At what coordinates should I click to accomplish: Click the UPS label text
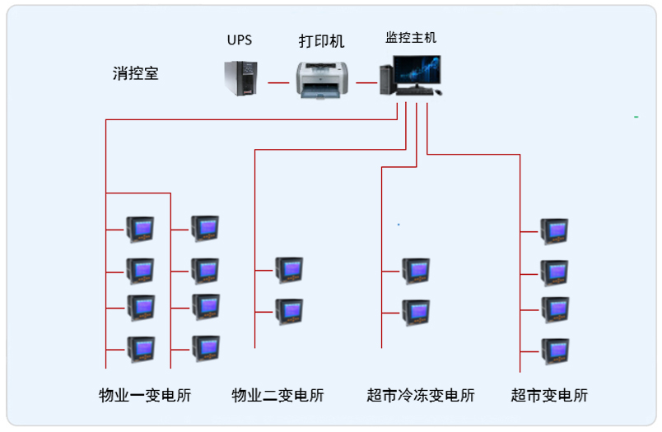click(x=240, y=39)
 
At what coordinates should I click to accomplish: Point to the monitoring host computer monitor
click(x=417, y=72)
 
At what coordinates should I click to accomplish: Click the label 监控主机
click(x=411, y=38)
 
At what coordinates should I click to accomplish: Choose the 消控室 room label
click(x=136, y=73)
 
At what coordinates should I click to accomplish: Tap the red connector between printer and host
click(x=366, y=83)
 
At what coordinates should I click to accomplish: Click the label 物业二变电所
click(x=277, y=395)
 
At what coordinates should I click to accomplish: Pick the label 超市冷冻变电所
click(x=421, y=395)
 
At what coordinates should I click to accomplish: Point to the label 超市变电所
click(x=549, y=395)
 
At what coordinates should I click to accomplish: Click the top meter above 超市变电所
click(x=553, y=231)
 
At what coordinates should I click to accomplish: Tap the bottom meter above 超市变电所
click(x=553, y=351)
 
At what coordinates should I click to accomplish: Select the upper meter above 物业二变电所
click(x=288, y=269)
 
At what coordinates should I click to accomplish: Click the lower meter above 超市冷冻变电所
click(x=415, y=312)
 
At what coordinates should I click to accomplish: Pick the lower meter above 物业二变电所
click(x=288, y=311)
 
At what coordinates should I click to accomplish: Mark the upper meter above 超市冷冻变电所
click(x=415, y=270)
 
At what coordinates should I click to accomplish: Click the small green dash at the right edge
click(x=636, y=118)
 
